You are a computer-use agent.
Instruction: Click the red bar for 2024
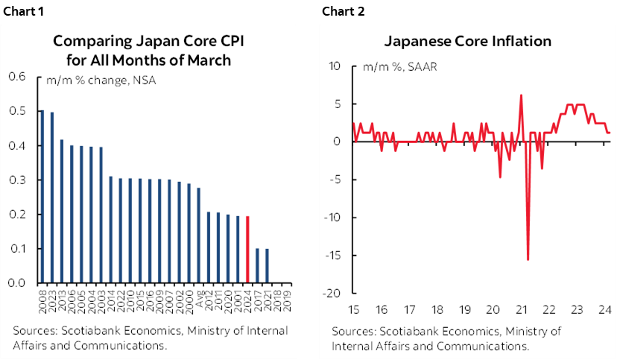tap(247, 250)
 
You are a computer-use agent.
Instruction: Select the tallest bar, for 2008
tap(42, 197)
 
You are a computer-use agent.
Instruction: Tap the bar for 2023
tap(51, 198)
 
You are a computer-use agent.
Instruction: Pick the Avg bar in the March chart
tap(198, 236)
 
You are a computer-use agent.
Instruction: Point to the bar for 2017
tap(257, 267)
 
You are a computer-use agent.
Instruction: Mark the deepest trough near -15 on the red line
tap(528, 259)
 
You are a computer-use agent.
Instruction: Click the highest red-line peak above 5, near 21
tap(520, 95)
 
